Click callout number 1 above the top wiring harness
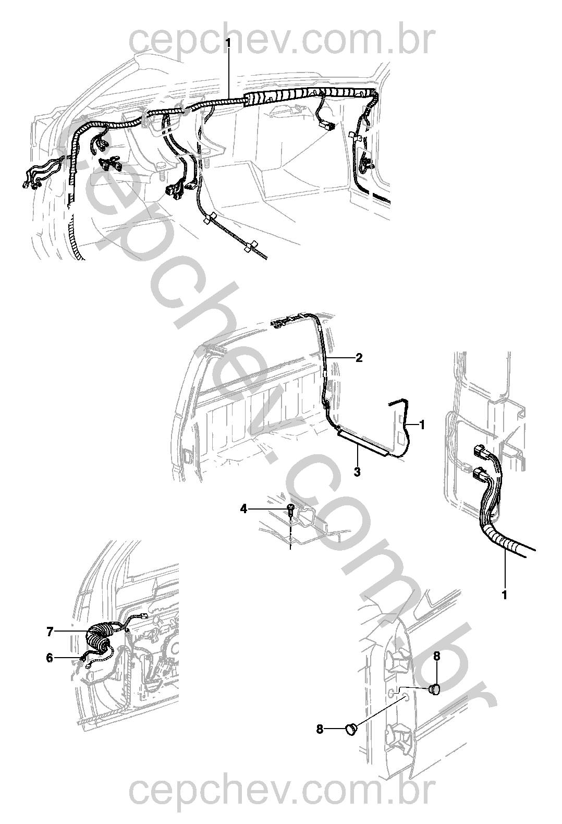coord(228,43)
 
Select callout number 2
coord(359,357)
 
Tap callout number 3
coord(357,471)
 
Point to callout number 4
coord(244,509)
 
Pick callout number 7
coord(51,632)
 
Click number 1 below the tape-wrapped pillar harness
coord(505,595)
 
